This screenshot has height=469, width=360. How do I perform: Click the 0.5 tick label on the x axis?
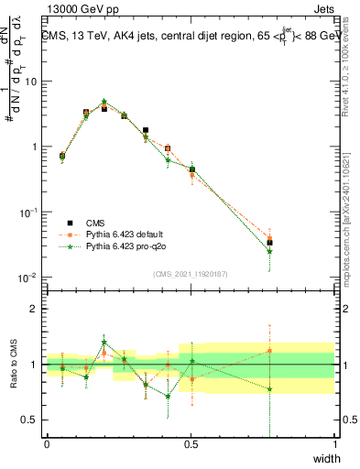coord(191,444)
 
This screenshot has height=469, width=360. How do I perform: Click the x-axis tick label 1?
coord(334,444)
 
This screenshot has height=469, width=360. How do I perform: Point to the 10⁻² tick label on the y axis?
coord(28,277)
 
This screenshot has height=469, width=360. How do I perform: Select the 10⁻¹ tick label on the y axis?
coord(28,212)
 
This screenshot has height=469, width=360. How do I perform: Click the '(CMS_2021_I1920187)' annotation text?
coord(190,273)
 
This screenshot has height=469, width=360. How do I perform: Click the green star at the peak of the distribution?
coord(104,102)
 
